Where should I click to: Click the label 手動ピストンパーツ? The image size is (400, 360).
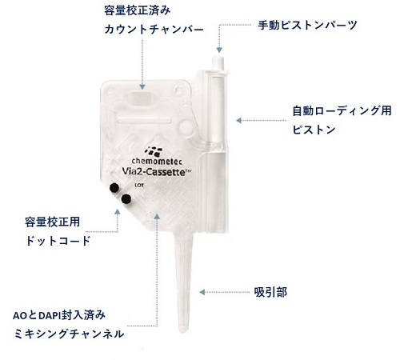tap(307, 26)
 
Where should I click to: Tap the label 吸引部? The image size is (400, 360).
tap(270, 293)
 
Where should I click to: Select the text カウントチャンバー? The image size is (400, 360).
tap(154, 30)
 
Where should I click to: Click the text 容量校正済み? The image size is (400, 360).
tap(137, 11)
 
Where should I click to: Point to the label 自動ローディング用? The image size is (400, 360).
tap(342, 111)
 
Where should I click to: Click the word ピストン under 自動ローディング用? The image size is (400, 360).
tap(314, 130)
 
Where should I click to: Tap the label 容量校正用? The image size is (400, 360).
tap(53, 222)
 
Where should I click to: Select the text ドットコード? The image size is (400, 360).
tap(58, 241)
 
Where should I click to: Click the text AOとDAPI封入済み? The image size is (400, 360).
tap(59, 315)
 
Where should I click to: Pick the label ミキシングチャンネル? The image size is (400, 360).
tap(69, 334)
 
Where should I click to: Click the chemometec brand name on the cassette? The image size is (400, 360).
tap(157, 161)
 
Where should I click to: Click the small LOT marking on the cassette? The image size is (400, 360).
tap(139, 185)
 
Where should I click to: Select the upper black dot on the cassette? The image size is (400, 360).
tap(114, 187)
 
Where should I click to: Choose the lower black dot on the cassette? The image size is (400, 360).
tap(126, 198)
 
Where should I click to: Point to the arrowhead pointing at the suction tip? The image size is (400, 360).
tap(202, 292)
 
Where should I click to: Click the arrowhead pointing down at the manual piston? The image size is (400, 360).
tap(219, 50)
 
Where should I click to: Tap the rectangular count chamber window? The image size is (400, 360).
tap(142, 98)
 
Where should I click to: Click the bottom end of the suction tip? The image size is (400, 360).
tap(182, 331)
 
